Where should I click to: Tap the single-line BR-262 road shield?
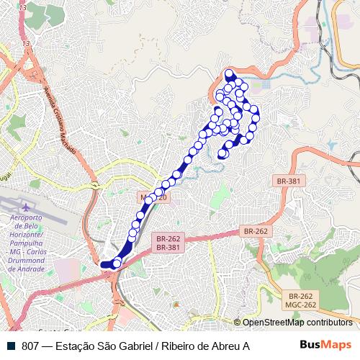(256, 231)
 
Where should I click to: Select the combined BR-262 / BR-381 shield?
(168, 242)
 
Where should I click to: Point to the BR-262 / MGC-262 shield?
(300, 300)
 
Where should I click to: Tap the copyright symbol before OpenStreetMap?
(237, 323)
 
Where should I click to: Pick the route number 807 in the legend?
(30, 346)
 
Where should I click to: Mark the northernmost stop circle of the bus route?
(230, 73)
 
